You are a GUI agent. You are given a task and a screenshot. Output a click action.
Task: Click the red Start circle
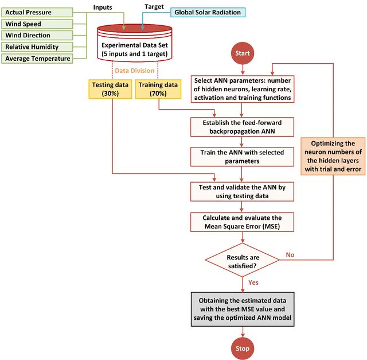pos(243,53)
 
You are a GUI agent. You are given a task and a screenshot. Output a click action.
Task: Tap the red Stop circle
pos(243,349)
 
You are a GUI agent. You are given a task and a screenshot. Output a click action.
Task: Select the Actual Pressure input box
pos(37,13)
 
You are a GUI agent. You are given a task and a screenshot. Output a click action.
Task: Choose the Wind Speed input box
pos(37,24)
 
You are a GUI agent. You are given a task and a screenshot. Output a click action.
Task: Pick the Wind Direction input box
pos(37,36)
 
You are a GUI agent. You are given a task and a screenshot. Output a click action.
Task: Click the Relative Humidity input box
pos(37,47)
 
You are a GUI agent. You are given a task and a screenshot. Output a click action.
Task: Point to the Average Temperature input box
pos(37,59)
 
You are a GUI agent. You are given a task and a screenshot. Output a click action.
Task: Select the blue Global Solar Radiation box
pos(208,13)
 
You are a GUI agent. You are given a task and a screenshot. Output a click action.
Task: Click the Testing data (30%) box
pos(110,89)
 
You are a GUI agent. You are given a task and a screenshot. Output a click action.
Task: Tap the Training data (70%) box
pos(158,89)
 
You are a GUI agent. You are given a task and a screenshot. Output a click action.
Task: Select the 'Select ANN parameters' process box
pos(243,89)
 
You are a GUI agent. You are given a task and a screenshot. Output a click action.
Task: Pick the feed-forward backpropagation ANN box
pos(242,127)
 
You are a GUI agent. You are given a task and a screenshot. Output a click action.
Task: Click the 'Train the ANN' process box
pos(242,157)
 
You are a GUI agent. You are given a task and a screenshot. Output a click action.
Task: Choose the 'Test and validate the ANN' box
pos(242,192)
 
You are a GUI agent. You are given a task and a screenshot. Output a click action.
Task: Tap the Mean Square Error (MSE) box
pos(242,222)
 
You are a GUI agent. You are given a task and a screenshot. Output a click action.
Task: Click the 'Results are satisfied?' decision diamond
pos(243,260)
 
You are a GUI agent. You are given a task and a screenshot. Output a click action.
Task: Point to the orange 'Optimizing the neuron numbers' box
pos(333,156)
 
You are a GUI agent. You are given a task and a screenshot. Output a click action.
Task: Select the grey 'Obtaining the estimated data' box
pos(243,309)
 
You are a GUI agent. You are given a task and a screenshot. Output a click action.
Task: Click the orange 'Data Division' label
pos(135,71)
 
